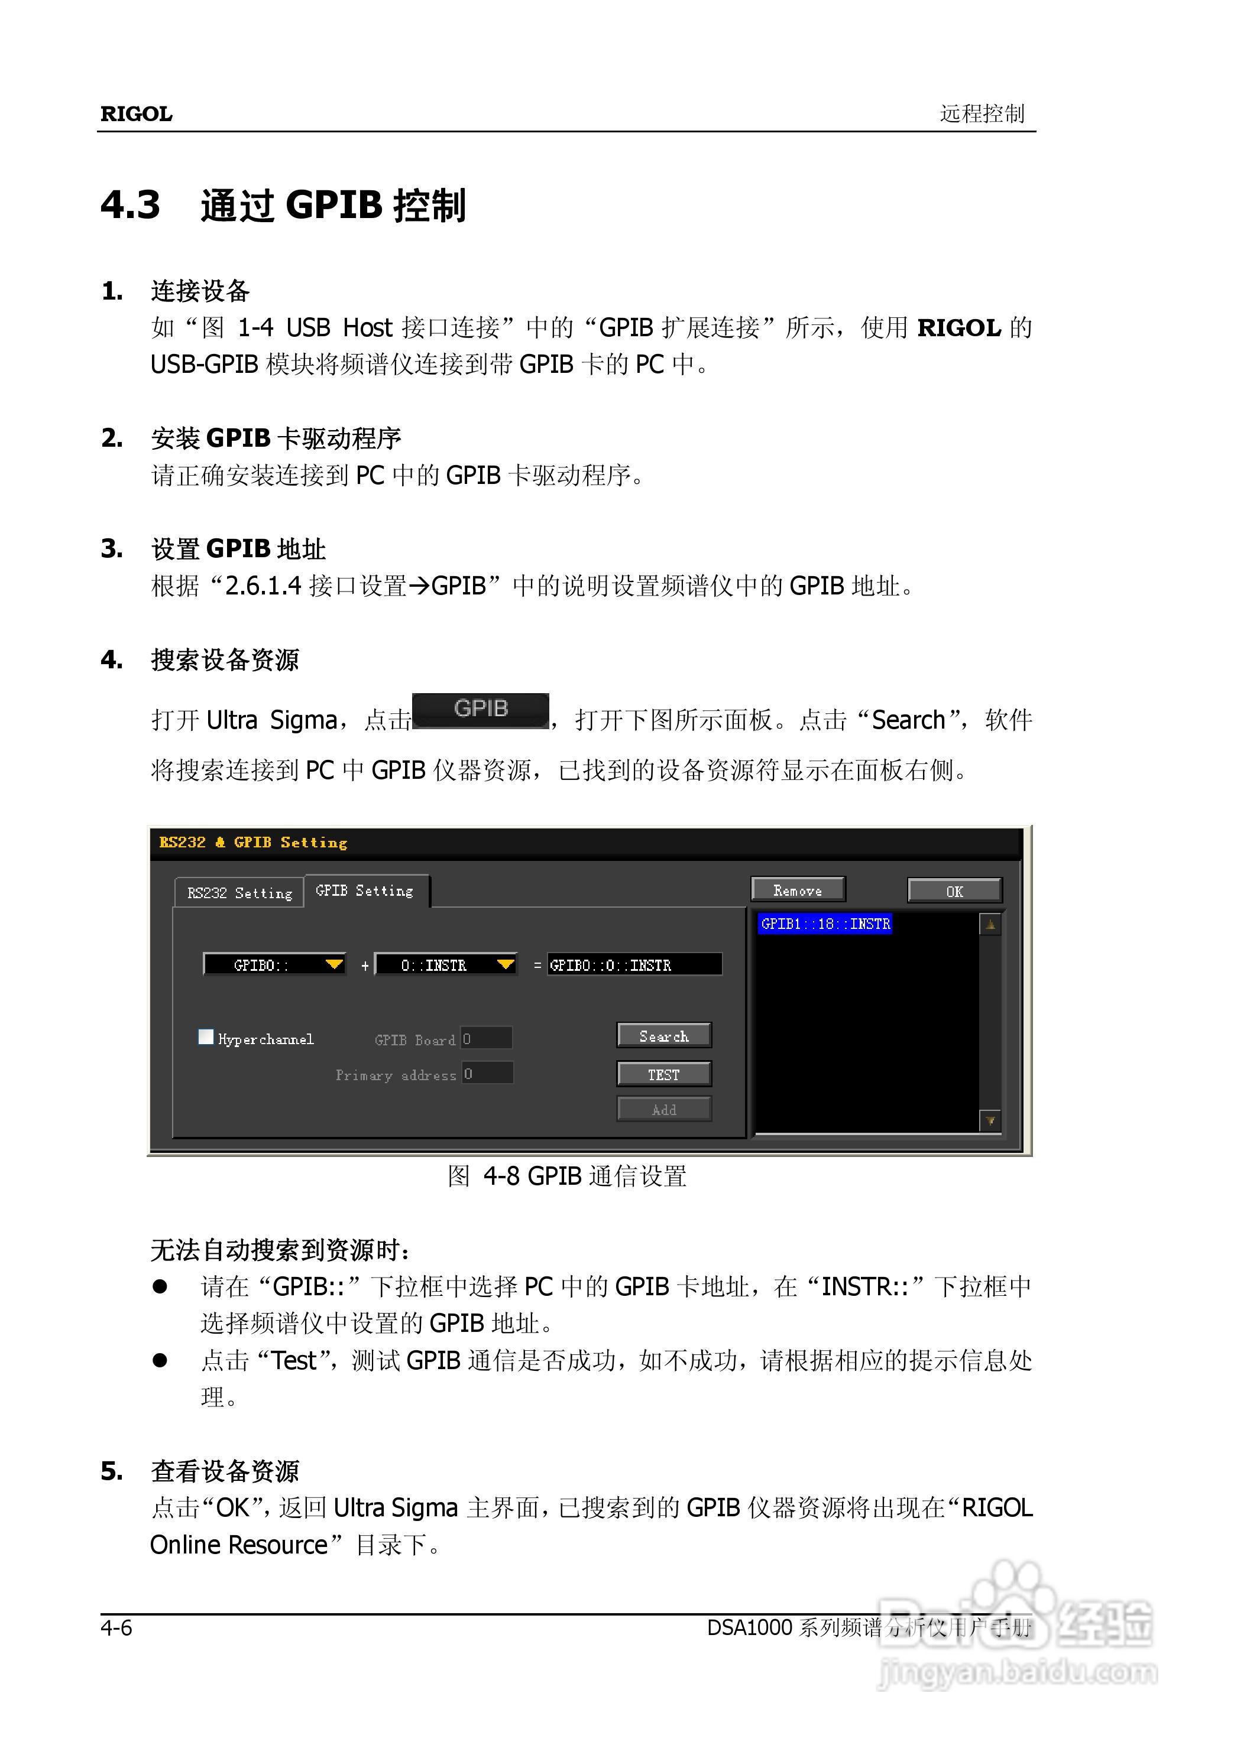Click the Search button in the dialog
pos(663,1036)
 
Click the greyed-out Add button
pos(663,1110)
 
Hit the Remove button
pos(797,890)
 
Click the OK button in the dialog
pos(954,890)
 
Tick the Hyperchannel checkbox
pos(205,1037)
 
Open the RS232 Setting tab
pos(239,893)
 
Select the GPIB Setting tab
pos(365,890)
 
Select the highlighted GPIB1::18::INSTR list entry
pos(825,924)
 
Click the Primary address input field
pos(487,1074)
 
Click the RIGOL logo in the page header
pos(136,114)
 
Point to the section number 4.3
pos(130,205)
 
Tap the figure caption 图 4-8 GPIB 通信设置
pos(567,1176)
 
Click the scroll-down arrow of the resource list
pos(990,1121)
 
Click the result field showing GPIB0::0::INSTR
pos(634,965)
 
